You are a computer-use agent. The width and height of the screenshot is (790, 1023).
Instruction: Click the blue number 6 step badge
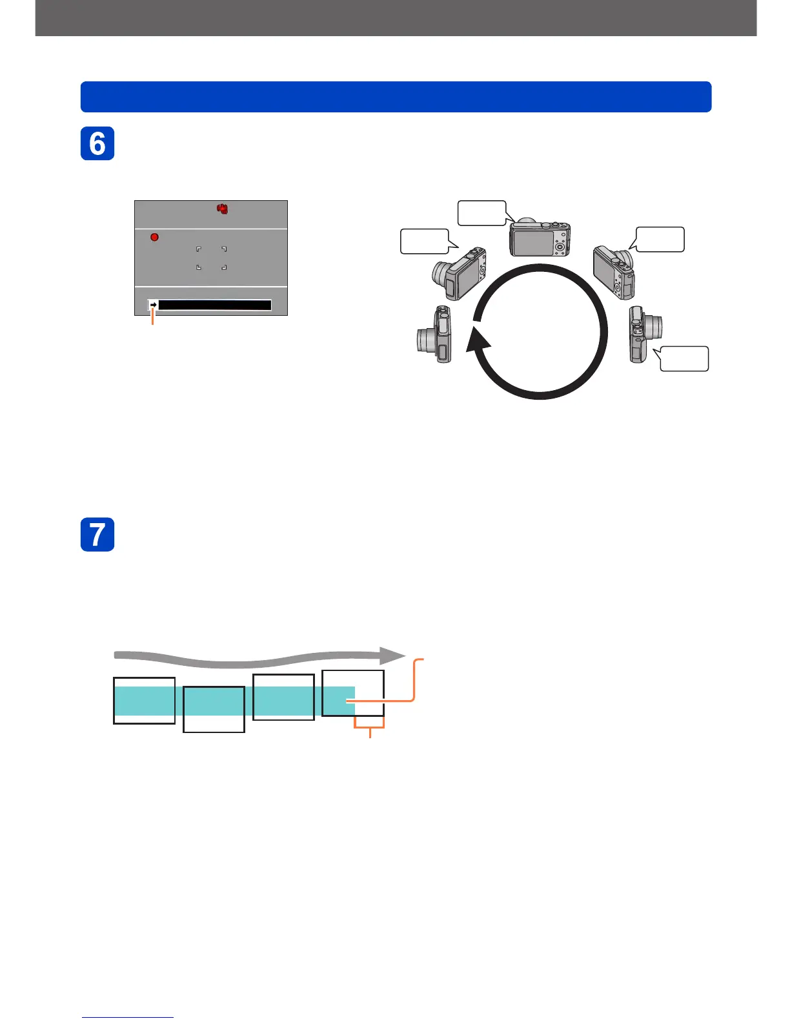coord(97,143)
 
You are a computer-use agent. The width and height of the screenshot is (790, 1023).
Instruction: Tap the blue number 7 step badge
coord(97,534)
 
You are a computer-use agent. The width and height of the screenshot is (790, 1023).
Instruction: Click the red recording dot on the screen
coord(154,237)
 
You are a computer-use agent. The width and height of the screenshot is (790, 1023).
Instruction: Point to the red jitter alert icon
coord(223,209)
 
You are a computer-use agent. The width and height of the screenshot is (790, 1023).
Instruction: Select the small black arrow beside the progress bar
coord(153,305)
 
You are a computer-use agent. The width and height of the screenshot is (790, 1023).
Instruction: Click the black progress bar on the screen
coord(214,305)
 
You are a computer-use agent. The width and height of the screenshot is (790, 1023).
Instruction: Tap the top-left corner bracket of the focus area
coord(198,249)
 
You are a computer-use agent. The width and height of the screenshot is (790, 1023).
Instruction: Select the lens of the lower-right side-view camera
coord(654,326)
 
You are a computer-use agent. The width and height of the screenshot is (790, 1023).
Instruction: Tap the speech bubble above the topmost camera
coord(481,212)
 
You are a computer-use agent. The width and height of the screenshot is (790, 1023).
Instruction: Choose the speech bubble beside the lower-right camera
coord(684,358)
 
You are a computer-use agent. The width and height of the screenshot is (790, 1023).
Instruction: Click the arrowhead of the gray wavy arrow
coord(391,656)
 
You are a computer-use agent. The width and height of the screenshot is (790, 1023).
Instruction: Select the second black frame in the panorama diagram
coord(214,709)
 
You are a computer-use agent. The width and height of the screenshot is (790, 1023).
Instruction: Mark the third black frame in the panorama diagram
coord(283,697)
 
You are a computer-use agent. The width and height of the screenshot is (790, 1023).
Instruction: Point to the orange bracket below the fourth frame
coord(370,728)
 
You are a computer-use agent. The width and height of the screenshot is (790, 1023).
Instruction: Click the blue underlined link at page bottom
coord(127,1017)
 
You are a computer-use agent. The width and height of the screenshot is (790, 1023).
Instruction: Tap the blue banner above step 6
coord(396,97)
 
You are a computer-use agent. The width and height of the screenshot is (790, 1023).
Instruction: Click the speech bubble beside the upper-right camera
coord(660,239)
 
